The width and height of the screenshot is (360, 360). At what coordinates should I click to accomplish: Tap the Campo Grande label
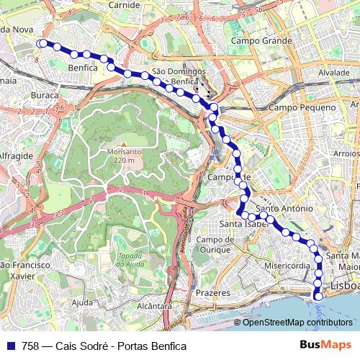pyautogui.click(x=261, y=41)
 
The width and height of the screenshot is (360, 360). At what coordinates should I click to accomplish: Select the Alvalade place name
pyautogui.click(x=334, y=73)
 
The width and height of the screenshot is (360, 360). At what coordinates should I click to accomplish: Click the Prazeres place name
pyautogui.click(x=212, y=293)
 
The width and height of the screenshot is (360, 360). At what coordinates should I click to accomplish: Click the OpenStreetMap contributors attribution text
pyautogui.click(x=297, y=323)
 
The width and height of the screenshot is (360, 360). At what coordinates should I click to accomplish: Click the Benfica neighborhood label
pyautogui.click(x=81, y=67)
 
